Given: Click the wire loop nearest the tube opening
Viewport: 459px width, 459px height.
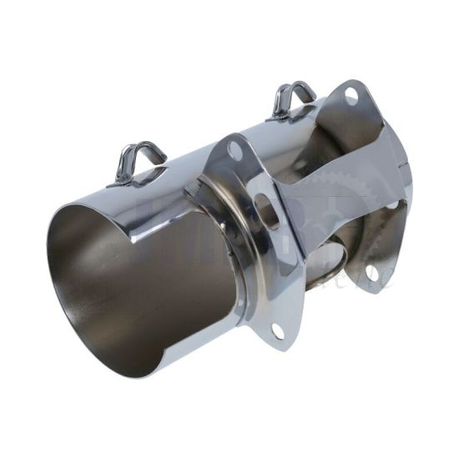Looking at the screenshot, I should click(x=139, y=159).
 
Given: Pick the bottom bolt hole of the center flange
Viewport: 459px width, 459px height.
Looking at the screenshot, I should click(x=278, y=331).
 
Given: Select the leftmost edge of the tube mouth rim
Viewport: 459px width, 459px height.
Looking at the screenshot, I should click(x=47, y=250).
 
